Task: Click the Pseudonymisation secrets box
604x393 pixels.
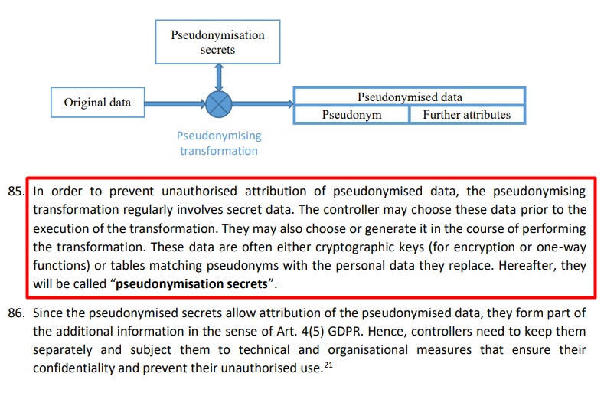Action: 217,42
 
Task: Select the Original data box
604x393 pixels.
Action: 97,103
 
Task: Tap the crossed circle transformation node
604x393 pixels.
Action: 218,103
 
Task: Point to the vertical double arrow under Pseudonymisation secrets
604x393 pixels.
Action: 218,77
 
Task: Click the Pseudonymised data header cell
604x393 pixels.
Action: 410,97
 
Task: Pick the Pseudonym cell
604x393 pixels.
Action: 352,115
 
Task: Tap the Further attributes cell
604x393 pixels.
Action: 466,115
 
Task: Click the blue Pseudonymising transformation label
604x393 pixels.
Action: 218,143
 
